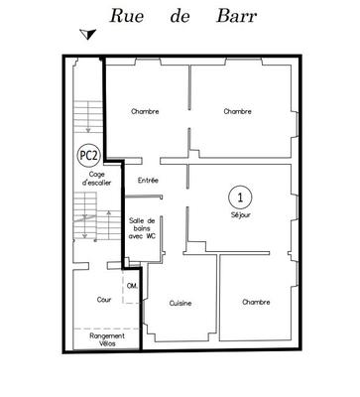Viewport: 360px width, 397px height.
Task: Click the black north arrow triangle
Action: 88,36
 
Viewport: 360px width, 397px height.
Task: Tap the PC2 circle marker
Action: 88,155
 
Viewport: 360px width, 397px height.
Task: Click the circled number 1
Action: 238,196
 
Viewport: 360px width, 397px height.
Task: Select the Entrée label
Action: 149,180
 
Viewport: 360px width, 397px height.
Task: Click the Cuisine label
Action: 180,303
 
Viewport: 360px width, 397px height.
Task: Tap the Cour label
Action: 103,299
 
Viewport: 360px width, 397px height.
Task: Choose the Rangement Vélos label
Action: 106,339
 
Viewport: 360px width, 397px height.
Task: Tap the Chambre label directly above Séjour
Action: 237,111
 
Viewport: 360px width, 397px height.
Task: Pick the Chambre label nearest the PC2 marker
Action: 145,111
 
